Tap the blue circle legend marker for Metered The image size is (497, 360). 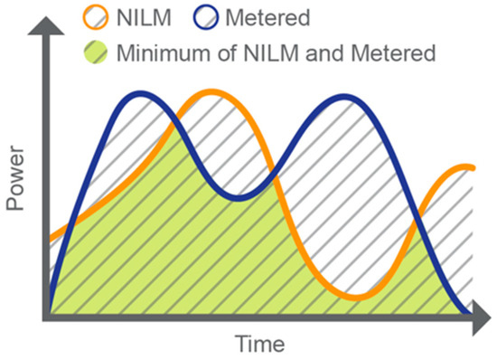pos(196,16)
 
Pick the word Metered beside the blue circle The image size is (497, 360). pos(258,16)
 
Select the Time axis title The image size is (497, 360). pos(259,345)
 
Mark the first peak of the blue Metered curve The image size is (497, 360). pos(140,94)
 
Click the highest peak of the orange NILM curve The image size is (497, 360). pos(212,92)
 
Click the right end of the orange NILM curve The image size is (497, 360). pos(474,167)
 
